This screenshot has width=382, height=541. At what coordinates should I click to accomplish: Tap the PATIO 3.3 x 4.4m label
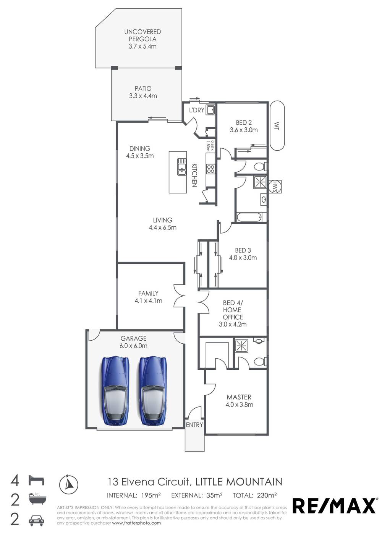click(143, 92)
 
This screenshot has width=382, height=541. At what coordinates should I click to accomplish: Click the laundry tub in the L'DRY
click(210, 110)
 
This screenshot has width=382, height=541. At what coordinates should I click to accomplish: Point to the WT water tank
click(276, 126)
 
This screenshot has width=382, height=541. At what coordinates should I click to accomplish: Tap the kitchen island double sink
click(181, 167)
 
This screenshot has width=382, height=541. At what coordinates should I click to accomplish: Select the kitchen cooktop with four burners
click(210, 169)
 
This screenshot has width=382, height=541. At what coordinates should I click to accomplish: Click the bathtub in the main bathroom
click(249, 218)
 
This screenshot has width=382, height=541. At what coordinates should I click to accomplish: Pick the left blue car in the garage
click(115, 391)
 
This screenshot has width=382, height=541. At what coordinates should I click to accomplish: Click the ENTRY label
click(194, 425)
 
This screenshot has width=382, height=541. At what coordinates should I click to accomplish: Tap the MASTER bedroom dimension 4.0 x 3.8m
click(239, 405)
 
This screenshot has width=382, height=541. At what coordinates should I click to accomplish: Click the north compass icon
click(69, 484)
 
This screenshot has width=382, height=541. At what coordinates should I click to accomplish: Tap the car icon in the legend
click(36, 520)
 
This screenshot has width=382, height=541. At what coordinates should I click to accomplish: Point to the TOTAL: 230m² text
click(254, 496)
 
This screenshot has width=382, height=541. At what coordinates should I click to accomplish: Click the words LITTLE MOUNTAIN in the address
click(239, 482)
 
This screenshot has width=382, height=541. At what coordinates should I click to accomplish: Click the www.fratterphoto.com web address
click(136, 523)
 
